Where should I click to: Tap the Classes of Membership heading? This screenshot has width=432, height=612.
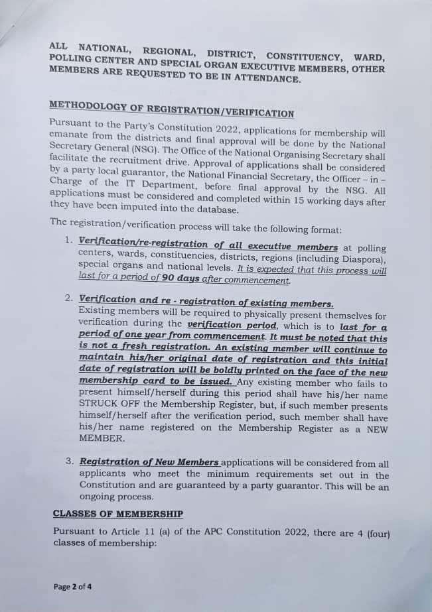click(117, 513)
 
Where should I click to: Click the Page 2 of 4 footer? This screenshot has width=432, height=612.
click(72, 586)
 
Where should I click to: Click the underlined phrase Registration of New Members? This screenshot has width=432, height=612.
click(149, 462)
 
